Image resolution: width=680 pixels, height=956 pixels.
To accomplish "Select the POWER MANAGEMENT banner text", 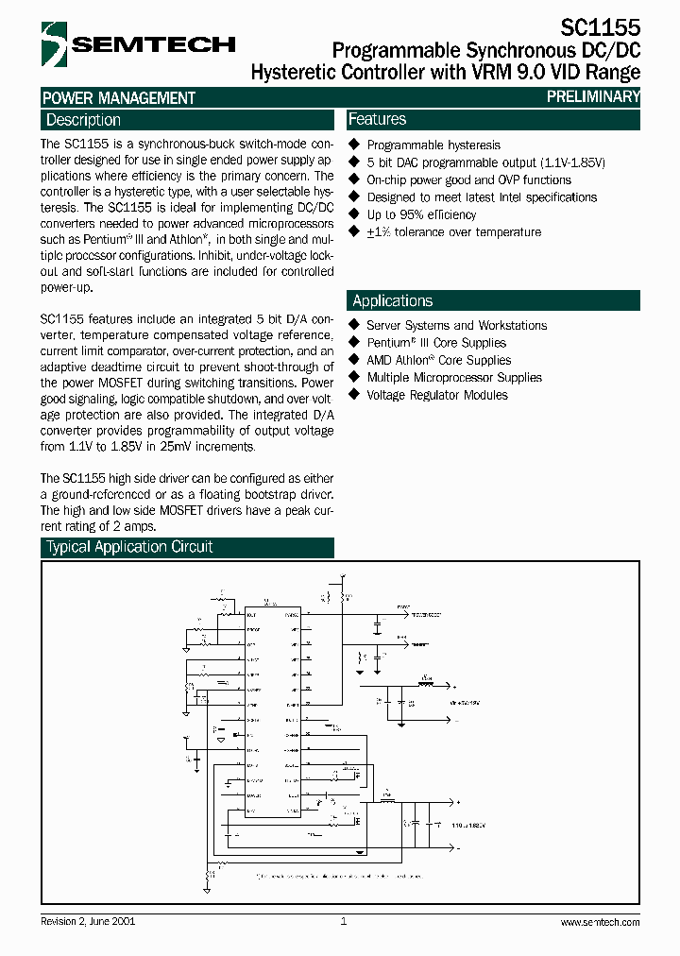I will [119, 97].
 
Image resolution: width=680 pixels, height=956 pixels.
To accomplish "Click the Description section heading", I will [83, 120].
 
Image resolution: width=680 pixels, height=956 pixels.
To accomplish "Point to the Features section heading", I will [377, 119].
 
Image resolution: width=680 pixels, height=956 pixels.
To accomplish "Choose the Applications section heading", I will [392, 300].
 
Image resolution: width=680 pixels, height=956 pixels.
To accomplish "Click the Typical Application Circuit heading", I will [129, 547].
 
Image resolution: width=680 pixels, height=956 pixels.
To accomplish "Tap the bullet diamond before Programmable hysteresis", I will [355, 145].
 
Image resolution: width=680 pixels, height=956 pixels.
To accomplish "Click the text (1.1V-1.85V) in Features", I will [572, 162].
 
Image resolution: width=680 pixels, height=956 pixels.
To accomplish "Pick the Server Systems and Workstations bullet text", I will [456, 325].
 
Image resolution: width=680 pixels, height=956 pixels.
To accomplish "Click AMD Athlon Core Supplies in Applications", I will [438, 360].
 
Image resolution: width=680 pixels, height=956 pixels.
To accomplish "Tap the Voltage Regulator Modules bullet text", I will [436, 395].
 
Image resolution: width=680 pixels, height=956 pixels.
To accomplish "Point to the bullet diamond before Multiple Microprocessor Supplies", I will [355, 377].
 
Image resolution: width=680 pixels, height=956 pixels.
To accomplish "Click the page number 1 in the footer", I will [344, 921].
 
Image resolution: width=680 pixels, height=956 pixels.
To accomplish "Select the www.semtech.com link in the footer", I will [600, 922].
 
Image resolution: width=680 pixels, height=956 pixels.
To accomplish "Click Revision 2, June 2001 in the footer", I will [88, 921].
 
